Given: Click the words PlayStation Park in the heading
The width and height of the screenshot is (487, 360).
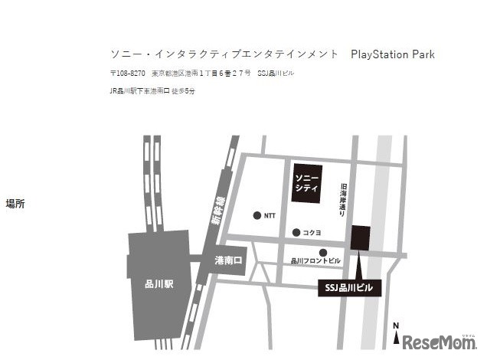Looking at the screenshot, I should pos(392,54).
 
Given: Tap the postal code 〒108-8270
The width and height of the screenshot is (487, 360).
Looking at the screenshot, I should pos(128,74).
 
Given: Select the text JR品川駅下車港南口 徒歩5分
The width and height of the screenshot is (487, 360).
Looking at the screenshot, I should pos(152,91).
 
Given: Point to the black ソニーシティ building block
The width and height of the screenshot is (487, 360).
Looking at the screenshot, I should pos(306,182).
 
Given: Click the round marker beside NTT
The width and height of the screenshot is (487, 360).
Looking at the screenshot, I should pos(257,215).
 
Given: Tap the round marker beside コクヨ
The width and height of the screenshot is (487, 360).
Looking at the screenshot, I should pos(296,232).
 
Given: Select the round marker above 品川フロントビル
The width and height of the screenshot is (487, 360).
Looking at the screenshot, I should pos(323,252).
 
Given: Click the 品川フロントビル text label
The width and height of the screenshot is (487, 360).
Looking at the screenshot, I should pos(316,261).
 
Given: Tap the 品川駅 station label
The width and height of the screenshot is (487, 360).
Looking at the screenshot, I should pos(159,283).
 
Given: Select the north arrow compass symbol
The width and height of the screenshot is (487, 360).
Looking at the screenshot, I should pos(396,334).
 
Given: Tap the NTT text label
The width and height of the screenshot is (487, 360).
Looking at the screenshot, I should pos(270,216).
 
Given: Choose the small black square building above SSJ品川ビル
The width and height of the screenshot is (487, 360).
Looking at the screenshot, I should pos(360,237).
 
